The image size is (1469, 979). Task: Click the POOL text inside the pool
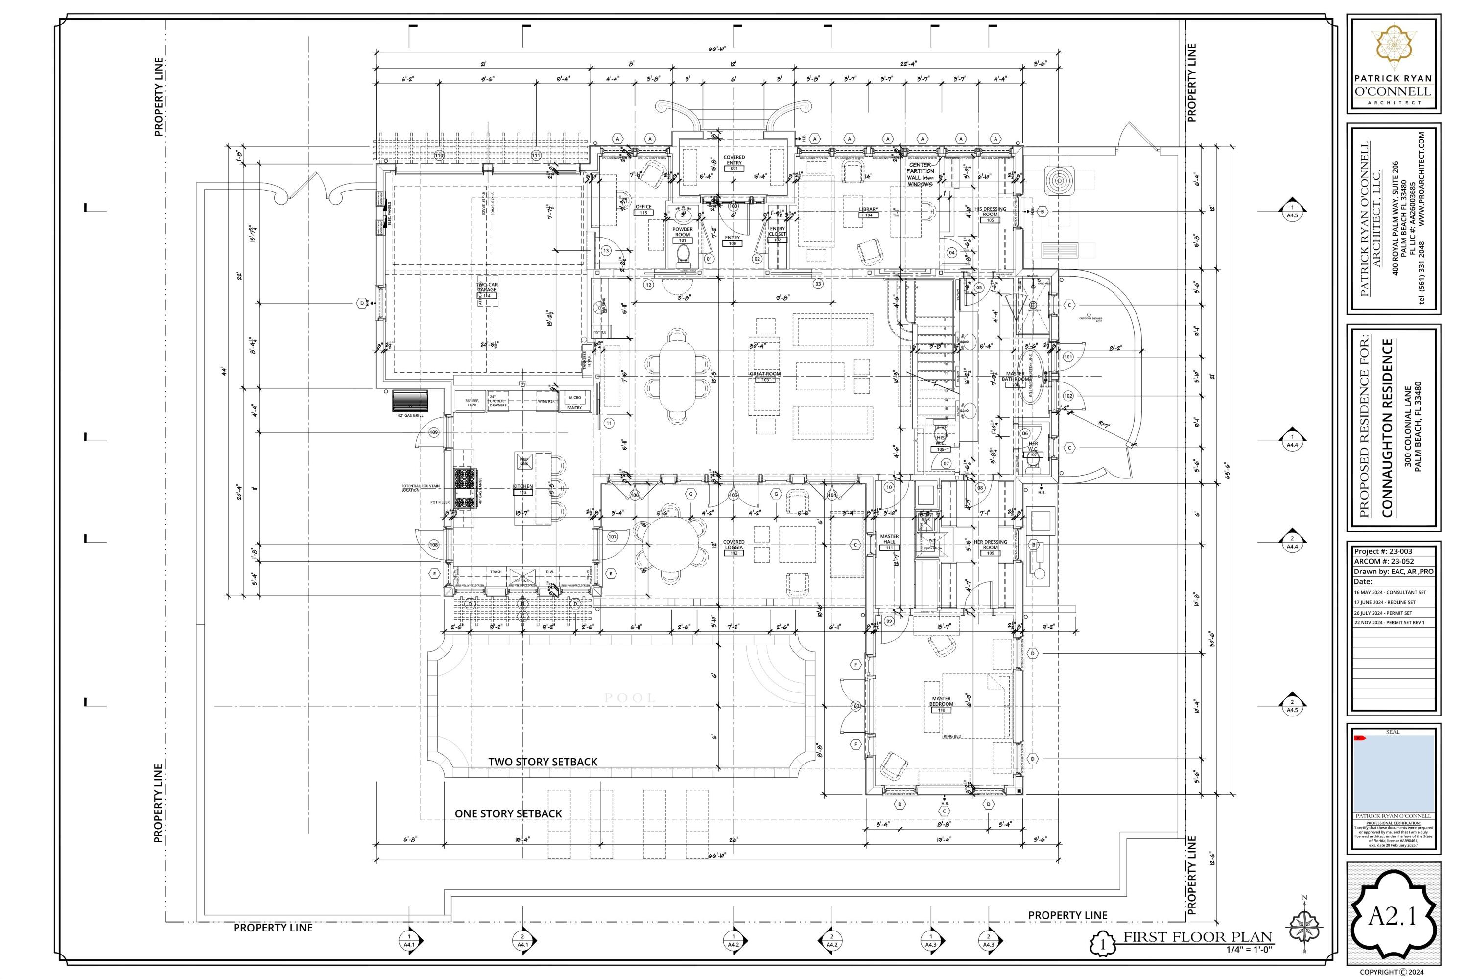tap(629, 698)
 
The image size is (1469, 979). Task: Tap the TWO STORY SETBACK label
tap(542, 762)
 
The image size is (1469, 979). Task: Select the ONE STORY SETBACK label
tap(508, 813)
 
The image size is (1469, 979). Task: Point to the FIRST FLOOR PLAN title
tap(1197, 937)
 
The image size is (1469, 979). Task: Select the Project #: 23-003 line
tap(1382, 551)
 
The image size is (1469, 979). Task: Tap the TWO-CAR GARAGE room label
tap(486, 290)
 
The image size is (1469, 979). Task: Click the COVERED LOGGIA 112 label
tap(734, 548)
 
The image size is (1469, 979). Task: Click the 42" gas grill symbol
tap(410, 400)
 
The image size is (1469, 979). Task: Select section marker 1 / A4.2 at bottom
tap(733, 940)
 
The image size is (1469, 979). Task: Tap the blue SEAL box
tap(1393, 773)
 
